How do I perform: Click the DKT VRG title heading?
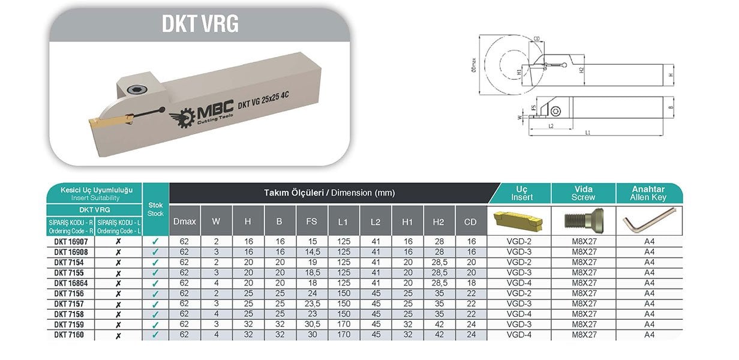200,24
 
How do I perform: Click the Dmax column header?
184,221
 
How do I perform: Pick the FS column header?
311,221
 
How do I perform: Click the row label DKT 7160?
68,335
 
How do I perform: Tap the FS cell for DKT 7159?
311,325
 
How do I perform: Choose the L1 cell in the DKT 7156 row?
343,293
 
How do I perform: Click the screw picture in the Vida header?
583,221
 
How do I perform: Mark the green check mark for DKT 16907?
155,242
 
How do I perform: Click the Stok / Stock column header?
155,209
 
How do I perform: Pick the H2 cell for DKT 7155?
438,273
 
